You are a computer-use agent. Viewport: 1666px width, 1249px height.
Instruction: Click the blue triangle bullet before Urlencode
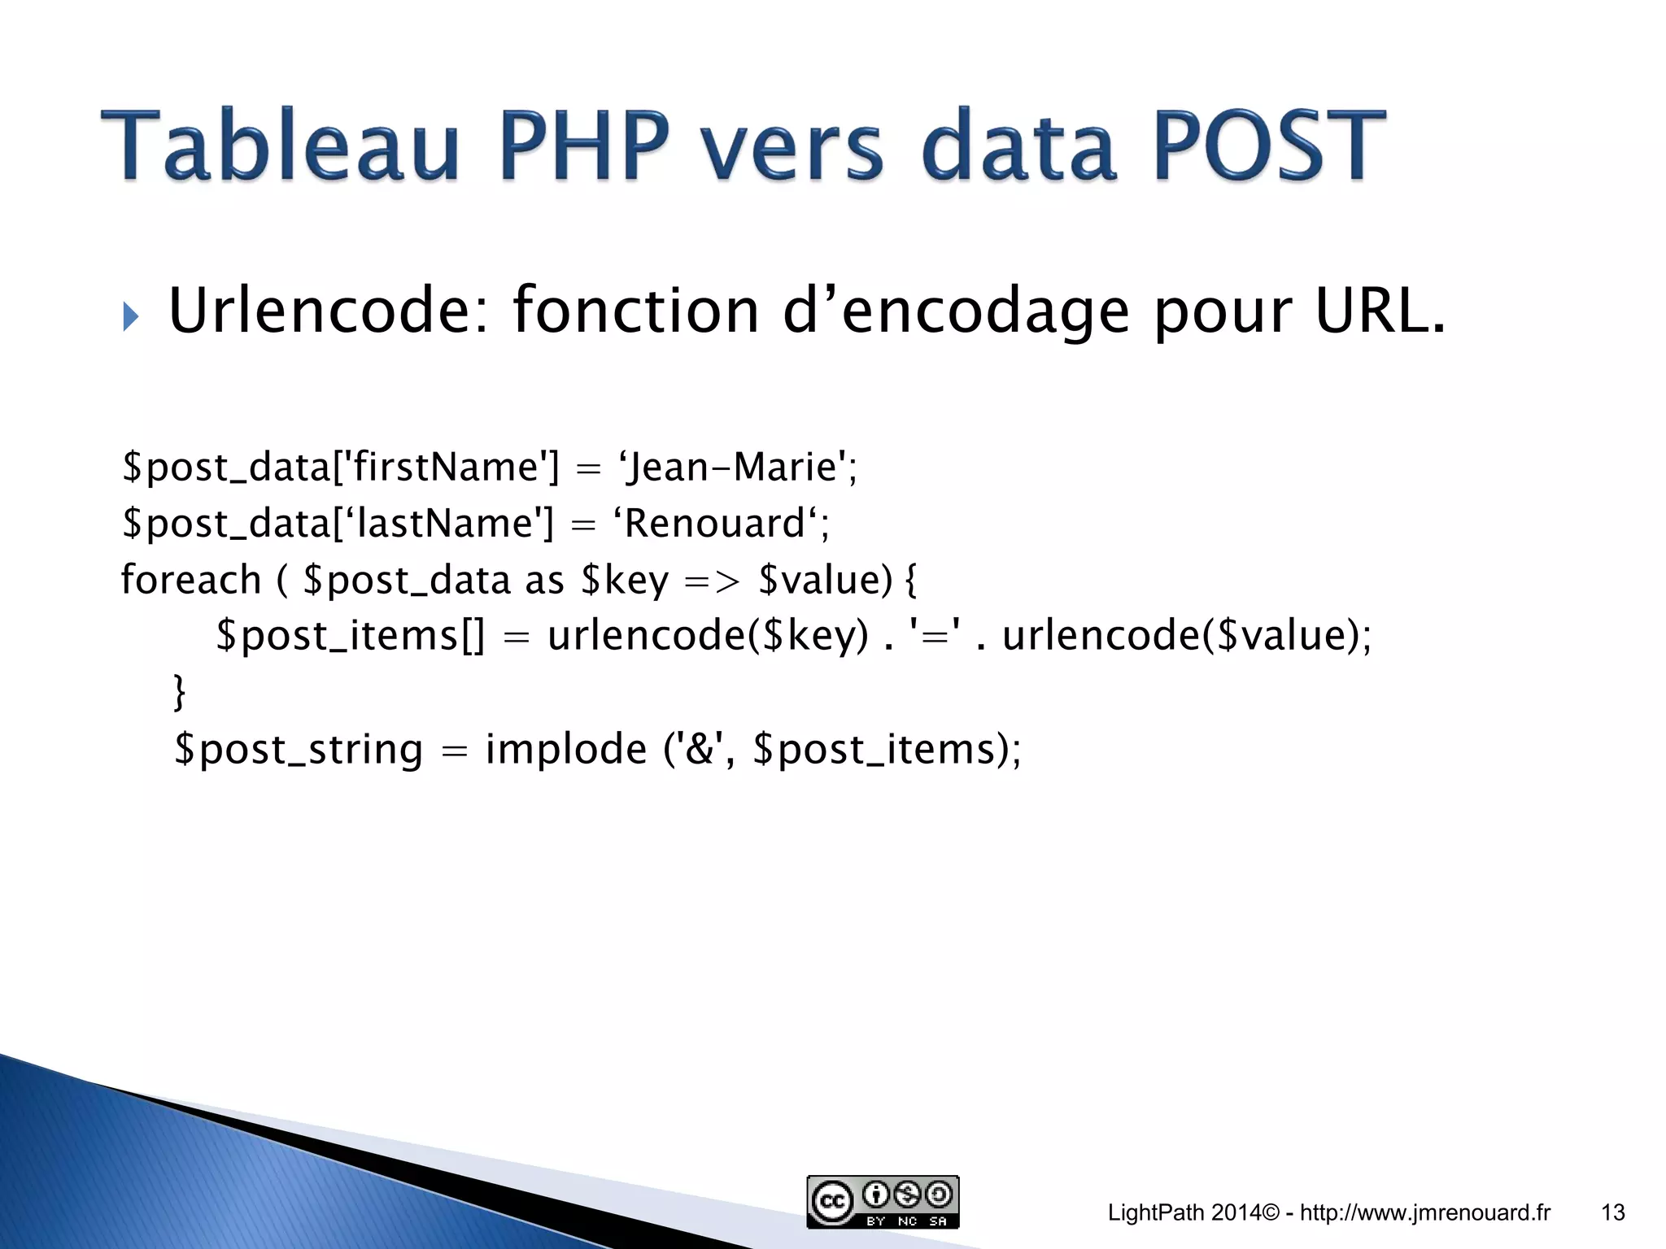tap(130, 316)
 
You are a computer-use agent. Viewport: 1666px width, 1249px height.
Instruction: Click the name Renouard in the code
tap(714, 523)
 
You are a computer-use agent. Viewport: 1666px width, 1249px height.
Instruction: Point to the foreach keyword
tap(191, 581)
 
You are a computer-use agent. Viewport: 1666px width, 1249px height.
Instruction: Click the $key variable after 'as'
tap(625, 581)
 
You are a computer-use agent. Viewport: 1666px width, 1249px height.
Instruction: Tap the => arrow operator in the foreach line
tap(713, 581)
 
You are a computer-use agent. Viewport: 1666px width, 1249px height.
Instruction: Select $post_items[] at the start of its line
tap(350, 635)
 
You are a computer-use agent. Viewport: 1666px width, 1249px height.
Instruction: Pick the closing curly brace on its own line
tap(180, 691)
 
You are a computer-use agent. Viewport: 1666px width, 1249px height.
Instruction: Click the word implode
tap(566, 749)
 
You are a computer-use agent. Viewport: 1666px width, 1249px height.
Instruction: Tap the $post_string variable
tap(299, 749)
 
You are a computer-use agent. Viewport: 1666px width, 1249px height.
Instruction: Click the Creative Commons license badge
tap(883, 1202)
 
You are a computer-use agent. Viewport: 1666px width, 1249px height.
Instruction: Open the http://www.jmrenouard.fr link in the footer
tap(1425, 1213)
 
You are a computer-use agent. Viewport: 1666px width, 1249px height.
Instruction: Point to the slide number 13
tap(1613, 1213)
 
